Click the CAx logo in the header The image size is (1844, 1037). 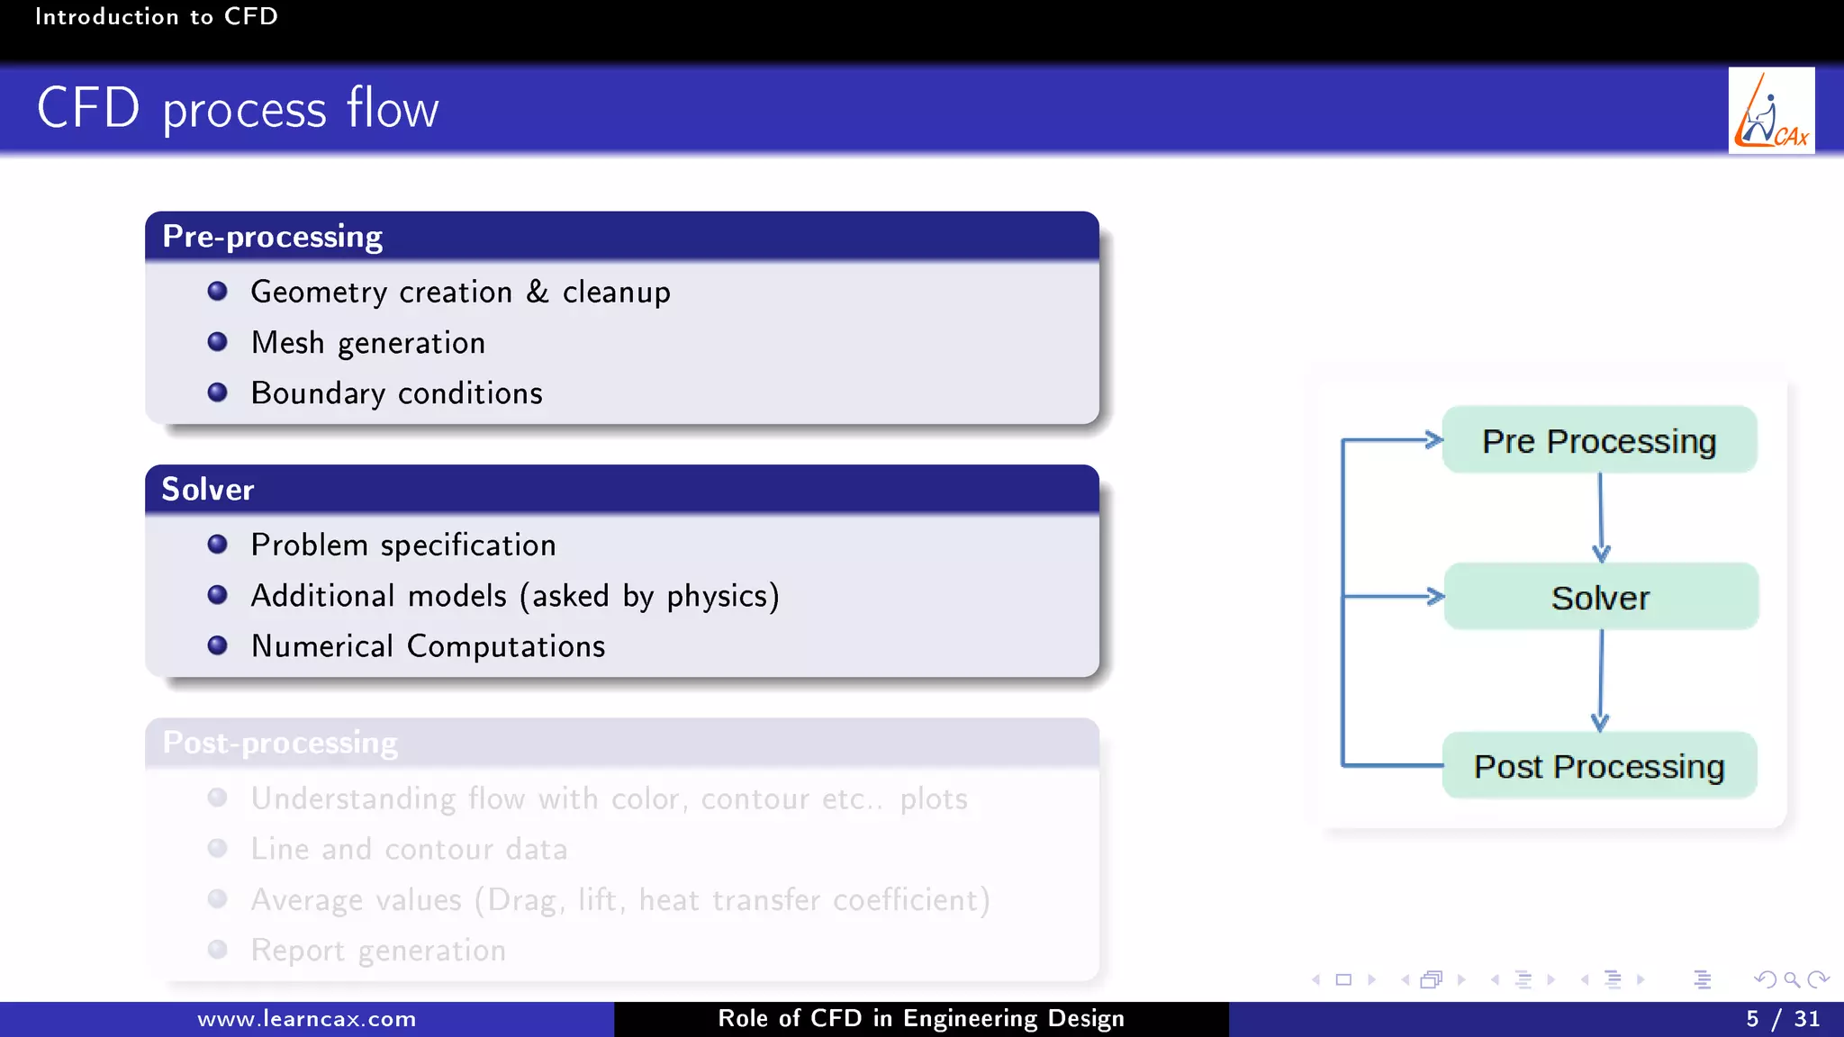pyautogui.click(x=1771, y=111)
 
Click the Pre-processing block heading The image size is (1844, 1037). pyautogui.click(x=272, y=237)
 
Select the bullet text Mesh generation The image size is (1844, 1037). pyautogui.click(x=367, y=343)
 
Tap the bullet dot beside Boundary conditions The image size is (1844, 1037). pyautogui.click(x=217, y=392)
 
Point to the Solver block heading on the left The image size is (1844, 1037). pyautogui.click(x=208, y=490)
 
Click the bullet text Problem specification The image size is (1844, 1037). pyautogui.click(x=402, y=546)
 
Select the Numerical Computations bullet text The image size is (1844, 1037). pyautogui.click(x=428, y=646)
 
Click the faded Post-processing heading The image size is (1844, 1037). pyautogui.click(x=280, y=743)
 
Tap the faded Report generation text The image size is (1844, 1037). pyautogui.click(x=378, y=951)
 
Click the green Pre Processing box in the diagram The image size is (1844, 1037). pyautogui.click(x=1599, y=440)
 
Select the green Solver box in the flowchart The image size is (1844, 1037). pyautogui.click(x=1600, y=597)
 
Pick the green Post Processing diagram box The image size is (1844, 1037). pyautogui.click(x=1599, y=766)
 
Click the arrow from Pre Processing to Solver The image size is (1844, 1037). pyautogui.click(x=1600, y=517)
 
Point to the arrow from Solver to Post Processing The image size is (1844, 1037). pyautogui.click(x=1600, y=680)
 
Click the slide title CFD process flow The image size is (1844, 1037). pyautogui.click(x=238, y=109)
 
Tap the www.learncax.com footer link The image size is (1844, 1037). pyautogui.click(x=307, y=1019)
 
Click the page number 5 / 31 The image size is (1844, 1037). pyautogui.click(x=1782, y=1019)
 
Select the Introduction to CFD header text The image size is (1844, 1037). pyautogui.click(x=157, y=16)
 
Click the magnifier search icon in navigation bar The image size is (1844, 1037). pyautogui.click(x=1791, y=979)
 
